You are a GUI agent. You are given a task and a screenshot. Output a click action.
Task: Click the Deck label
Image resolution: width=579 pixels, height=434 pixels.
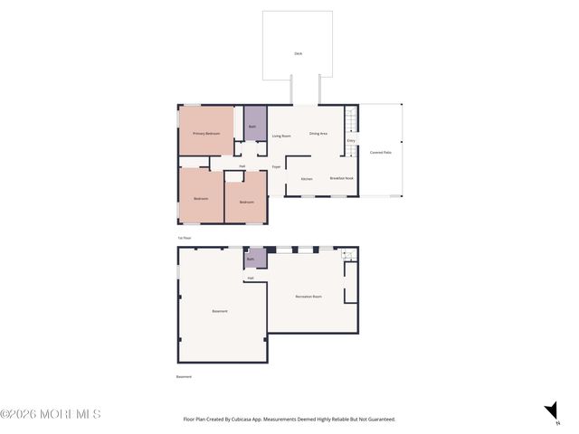tap(298, 53)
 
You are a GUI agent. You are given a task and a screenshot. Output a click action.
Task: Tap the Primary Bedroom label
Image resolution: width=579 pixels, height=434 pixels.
tap(206, 133)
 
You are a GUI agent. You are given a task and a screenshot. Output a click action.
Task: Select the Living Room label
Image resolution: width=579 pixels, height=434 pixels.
tap(281, 136)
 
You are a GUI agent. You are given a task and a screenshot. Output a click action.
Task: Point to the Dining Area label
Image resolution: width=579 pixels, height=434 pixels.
tap(318, 134)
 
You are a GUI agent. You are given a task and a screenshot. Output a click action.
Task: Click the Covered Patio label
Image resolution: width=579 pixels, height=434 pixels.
tap(381, 152)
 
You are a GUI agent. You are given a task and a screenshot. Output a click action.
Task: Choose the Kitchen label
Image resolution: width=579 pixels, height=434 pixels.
tap(307, 179)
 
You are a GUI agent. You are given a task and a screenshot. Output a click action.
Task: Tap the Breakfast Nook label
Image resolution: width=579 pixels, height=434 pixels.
tap(341, 178)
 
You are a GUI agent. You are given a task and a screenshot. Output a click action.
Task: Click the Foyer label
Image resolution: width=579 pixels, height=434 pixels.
tap(276, 166)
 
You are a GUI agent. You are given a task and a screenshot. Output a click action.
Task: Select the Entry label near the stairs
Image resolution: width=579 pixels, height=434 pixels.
tap(351, 140)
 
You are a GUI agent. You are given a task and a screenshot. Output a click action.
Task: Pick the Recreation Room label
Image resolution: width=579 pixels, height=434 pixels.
tap(308, 297)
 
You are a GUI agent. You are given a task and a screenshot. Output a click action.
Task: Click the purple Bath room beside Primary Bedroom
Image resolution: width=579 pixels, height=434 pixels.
tap(253, 125)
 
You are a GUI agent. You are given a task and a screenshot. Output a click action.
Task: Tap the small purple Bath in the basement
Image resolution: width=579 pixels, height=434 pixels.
tap(251, 259)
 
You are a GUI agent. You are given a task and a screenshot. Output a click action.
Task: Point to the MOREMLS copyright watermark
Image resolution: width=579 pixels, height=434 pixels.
tap(51, 414)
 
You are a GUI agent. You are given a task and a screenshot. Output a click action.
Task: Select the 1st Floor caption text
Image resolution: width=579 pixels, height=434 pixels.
tap(185, 238)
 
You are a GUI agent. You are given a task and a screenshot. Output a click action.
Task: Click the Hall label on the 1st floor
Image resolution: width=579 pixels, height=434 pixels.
tap(242, 166)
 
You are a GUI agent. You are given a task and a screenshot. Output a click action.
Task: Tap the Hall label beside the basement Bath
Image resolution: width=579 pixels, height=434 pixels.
tap(251, 278)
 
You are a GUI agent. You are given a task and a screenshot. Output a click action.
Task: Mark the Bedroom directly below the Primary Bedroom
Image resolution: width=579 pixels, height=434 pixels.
tap(201, 199)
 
